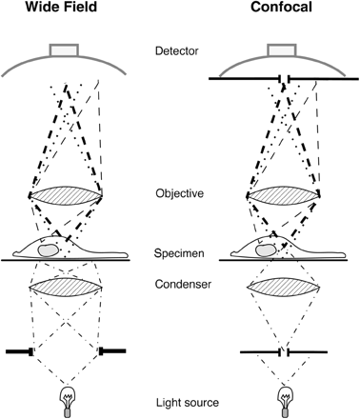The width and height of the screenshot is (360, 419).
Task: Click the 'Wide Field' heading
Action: [65, 12]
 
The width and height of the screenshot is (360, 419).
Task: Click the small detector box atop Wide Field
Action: [66, 48]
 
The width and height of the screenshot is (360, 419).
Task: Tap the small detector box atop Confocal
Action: [282, 48]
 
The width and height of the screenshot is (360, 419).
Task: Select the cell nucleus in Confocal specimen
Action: [261, 248]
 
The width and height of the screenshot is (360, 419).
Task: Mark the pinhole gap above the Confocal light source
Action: [283, 351]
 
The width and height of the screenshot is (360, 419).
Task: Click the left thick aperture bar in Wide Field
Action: [21, 351]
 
